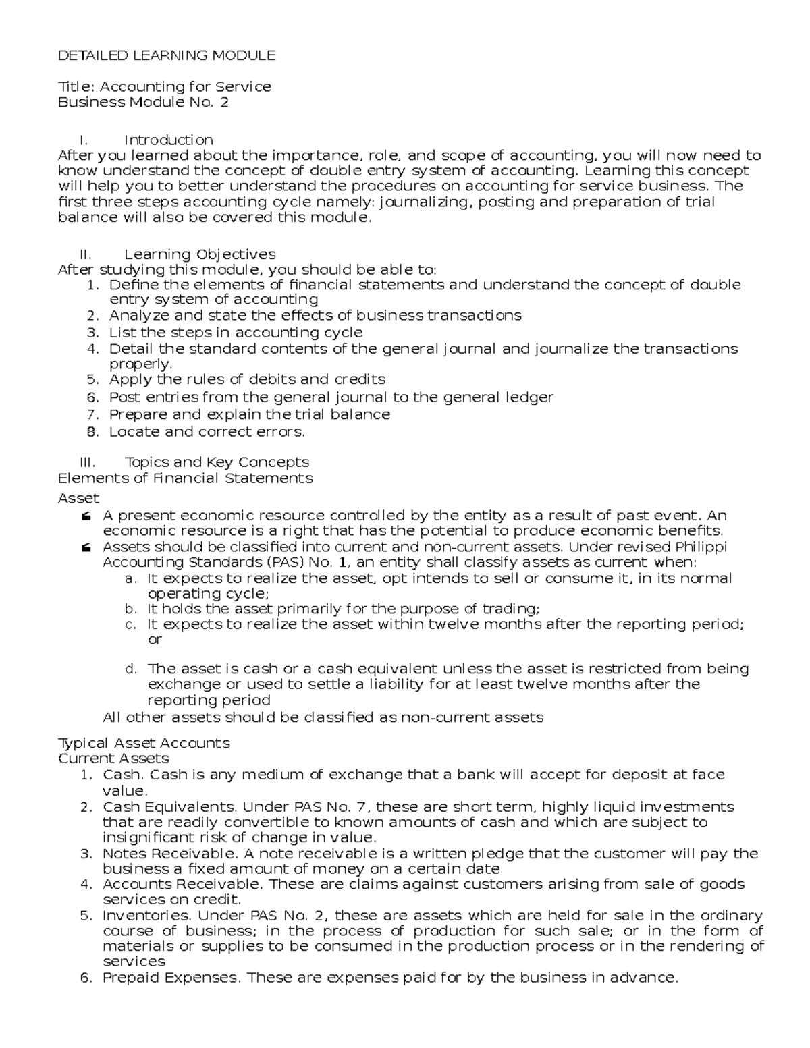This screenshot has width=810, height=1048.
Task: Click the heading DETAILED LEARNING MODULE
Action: click(167, 55)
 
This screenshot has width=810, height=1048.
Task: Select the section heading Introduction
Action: click(168, 140)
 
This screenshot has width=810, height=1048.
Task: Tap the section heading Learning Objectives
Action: click(200, 254)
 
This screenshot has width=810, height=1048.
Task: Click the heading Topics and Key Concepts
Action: click(217, 462)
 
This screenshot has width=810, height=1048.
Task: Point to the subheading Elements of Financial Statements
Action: click(185, 478)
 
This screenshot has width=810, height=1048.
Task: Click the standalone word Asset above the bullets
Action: click(78, 498)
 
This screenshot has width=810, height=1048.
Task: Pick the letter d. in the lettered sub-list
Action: click(132, 669)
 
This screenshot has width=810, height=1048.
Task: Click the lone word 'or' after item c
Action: click(155, 639)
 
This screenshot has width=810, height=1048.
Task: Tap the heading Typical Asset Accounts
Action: click(144, 743)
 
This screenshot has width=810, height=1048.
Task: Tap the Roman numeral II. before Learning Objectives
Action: click(85, 254)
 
